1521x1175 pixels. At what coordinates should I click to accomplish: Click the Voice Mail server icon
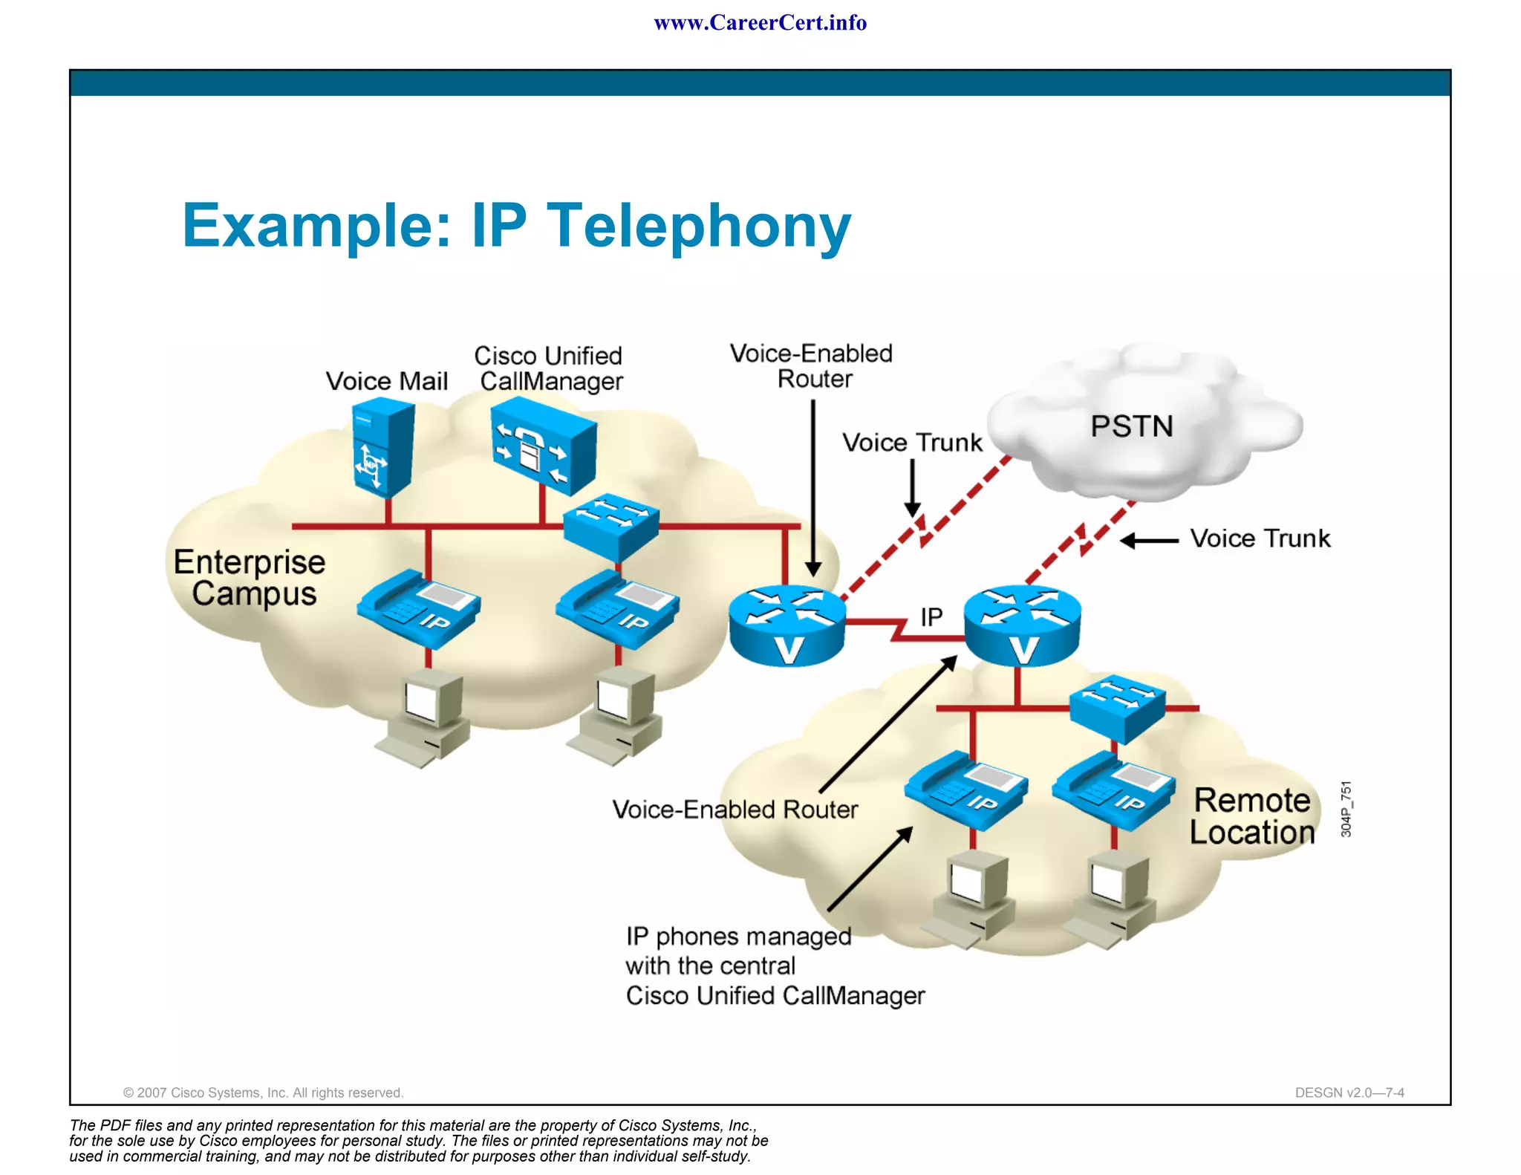[x=382, y=448]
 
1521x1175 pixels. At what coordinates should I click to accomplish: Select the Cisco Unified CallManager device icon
[x=544, y=443]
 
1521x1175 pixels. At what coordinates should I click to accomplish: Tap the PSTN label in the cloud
[x=1131, y=426]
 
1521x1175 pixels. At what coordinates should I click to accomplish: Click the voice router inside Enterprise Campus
[x=786, y=625]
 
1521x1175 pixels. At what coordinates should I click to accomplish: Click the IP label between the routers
[x=931, y=616]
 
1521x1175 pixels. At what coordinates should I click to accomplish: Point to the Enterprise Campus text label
[x=250, y=578]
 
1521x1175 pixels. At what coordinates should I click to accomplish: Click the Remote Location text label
[x=1252, y=816]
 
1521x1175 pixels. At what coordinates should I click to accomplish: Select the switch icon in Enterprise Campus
[x=610, y=525]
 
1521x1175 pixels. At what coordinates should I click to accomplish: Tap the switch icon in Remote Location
[x=1117, y=707]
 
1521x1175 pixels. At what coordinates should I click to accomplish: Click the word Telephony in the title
[x=698, y=225]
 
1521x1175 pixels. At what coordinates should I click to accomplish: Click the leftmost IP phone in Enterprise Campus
[x=418, y=608]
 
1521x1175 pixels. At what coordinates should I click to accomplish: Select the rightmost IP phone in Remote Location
[x=1113, y=790]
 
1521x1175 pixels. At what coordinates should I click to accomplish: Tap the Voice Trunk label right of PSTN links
[x=1260, y=538]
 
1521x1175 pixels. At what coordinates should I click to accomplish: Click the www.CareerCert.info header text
[x=760, y=23]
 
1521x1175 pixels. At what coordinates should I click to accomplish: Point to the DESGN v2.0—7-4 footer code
[x=1349, y=1093]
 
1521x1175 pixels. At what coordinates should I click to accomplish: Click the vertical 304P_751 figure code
[x=1346, y=809]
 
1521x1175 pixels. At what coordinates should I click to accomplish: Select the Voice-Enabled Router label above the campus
[x=812, y=366]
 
